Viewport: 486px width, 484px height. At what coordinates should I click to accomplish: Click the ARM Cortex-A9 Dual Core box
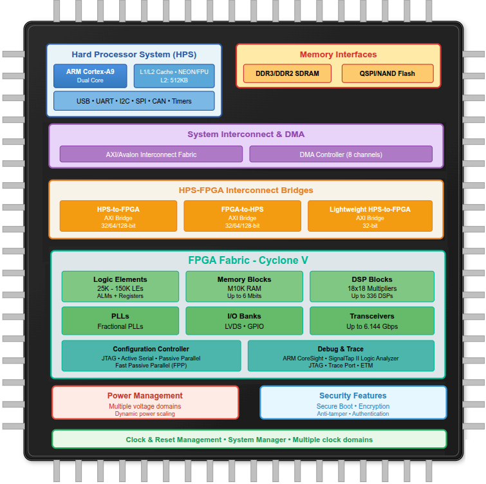90,75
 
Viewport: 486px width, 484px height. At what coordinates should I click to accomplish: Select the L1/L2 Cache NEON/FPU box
174,75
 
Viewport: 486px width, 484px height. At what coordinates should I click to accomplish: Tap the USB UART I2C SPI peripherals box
134,101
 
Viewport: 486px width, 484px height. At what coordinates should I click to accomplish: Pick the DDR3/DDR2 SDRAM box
287,73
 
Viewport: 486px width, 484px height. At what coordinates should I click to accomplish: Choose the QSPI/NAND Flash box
388,73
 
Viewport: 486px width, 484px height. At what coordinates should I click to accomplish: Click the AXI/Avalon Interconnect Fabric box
151,154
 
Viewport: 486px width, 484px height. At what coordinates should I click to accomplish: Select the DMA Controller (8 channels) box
341,154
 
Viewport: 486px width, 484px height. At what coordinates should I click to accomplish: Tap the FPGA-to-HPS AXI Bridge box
242,216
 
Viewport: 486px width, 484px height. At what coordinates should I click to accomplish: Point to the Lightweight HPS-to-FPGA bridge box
369,216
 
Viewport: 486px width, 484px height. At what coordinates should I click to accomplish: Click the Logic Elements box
120,287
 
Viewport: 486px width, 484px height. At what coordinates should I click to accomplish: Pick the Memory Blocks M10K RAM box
245,287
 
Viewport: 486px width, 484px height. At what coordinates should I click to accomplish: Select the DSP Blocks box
371,287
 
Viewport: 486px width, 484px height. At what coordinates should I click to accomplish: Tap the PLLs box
120,321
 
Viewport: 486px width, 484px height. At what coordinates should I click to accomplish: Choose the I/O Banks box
245,321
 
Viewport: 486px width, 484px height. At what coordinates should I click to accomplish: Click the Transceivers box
371,321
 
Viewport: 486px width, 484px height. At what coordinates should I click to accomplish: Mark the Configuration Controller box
151,357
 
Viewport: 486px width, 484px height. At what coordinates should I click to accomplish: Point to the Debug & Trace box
341,357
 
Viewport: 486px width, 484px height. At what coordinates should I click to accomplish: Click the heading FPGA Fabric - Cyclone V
248,261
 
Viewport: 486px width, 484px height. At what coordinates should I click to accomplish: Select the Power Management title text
145,396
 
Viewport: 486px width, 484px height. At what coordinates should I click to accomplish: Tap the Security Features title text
353,396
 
